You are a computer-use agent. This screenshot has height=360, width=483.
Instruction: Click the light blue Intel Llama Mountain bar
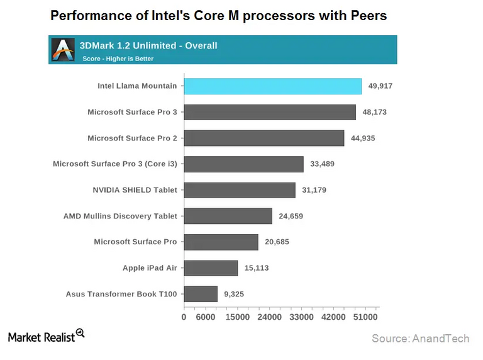point(272,86)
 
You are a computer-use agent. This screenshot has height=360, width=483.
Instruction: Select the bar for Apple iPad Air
point(211,268)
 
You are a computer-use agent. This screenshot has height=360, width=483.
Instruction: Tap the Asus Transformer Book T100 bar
point(201,294)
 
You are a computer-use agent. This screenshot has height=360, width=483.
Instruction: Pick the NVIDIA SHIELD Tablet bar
point(240,190)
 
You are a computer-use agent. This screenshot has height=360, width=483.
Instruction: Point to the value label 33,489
point(324,164)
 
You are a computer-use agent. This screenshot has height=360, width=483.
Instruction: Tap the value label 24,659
point(292,217)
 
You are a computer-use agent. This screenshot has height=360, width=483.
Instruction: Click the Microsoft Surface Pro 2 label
point(132,138)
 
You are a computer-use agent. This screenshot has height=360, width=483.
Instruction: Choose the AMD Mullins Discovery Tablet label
point(120,216)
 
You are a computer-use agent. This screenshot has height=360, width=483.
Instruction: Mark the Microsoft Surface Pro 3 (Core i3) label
point(115,164)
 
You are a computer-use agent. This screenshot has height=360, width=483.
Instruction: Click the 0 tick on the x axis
point(184,318)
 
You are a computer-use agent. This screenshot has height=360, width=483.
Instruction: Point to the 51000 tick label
point(365,318)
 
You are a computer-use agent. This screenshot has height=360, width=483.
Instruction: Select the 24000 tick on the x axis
point(269,318)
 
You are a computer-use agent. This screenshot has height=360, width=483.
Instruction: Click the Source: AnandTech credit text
point(420,339)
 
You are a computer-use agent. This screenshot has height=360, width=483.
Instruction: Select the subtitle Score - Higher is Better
point(118,59)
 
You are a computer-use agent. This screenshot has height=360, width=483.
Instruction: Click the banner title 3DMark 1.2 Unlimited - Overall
point(148,45)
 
